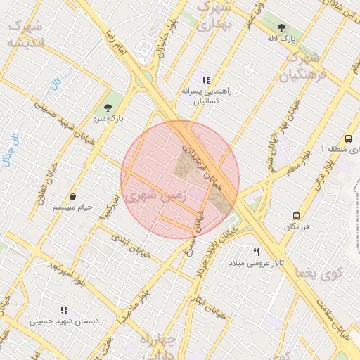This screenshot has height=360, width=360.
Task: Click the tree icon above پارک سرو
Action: [108, 108]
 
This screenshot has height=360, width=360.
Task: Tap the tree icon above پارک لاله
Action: [282, 28]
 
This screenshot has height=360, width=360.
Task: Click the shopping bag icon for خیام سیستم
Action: [74, 196]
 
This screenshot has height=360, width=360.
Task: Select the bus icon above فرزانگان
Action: [297, 217]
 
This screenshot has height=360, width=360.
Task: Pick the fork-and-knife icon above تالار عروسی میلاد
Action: [257, 252]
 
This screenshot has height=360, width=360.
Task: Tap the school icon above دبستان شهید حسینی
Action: [64, 309]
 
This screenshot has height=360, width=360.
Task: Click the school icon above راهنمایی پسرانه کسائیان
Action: [205, 81]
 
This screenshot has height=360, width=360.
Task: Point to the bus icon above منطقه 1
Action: [349, 139]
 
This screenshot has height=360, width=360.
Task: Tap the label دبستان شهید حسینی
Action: [60, 321]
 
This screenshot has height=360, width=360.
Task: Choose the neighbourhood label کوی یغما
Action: [319, 271]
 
